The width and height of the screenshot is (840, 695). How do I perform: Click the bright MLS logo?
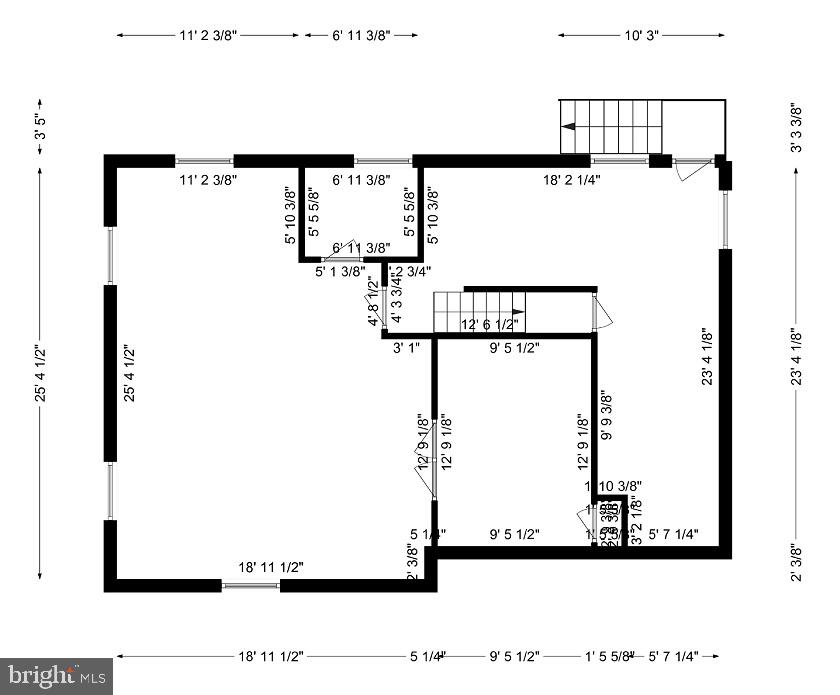[x=56, y=676]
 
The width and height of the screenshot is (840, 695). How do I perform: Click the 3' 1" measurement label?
[x=405, y=348]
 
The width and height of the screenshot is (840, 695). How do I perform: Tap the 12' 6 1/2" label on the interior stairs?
[x=490, y=324]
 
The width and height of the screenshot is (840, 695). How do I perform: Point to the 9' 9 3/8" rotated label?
[x=604, y=416]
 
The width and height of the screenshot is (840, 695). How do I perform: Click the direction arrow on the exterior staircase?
[x=568, y=127]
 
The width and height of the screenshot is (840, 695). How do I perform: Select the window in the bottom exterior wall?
[x=250, y=586]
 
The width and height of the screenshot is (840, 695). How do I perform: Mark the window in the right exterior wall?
[x=725, y=218]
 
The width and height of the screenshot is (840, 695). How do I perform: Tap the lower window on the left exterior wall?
[x=111, y=491]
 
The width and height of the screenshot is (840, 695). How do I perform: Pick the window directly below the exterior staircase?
[x=620, y=160]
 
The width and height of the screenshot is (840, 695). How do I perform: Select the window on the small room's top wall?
[x=384, y=160]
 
